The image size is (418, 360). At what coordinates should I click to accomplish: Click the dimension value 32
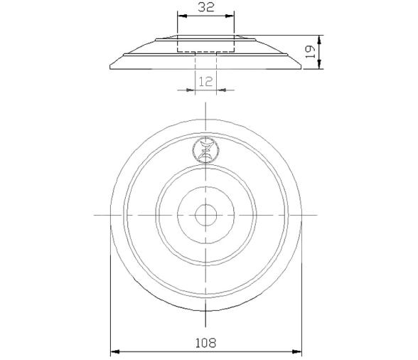(205, 9)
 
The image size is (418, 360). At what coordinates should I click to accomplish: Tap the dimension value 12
(205, 81)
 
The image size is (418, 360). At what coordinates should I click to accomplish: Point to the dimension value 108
(205, 342)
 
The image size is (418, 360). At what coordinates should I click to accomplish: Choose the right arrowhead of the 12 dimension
(220, 90)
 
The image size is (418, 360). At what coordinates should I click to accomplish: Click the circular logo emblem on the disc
(205, 150)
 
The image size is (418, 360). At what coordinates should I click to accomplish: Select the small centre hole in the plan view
(205, 214)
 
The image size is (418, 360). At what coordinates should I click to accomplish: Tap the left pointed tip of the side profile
(110, 68)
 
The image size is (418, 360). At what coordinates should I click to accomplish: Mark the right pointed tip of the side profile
(301, 68)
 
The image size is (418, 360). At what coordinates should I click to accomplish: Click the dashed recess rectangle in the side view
(205, 45)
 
